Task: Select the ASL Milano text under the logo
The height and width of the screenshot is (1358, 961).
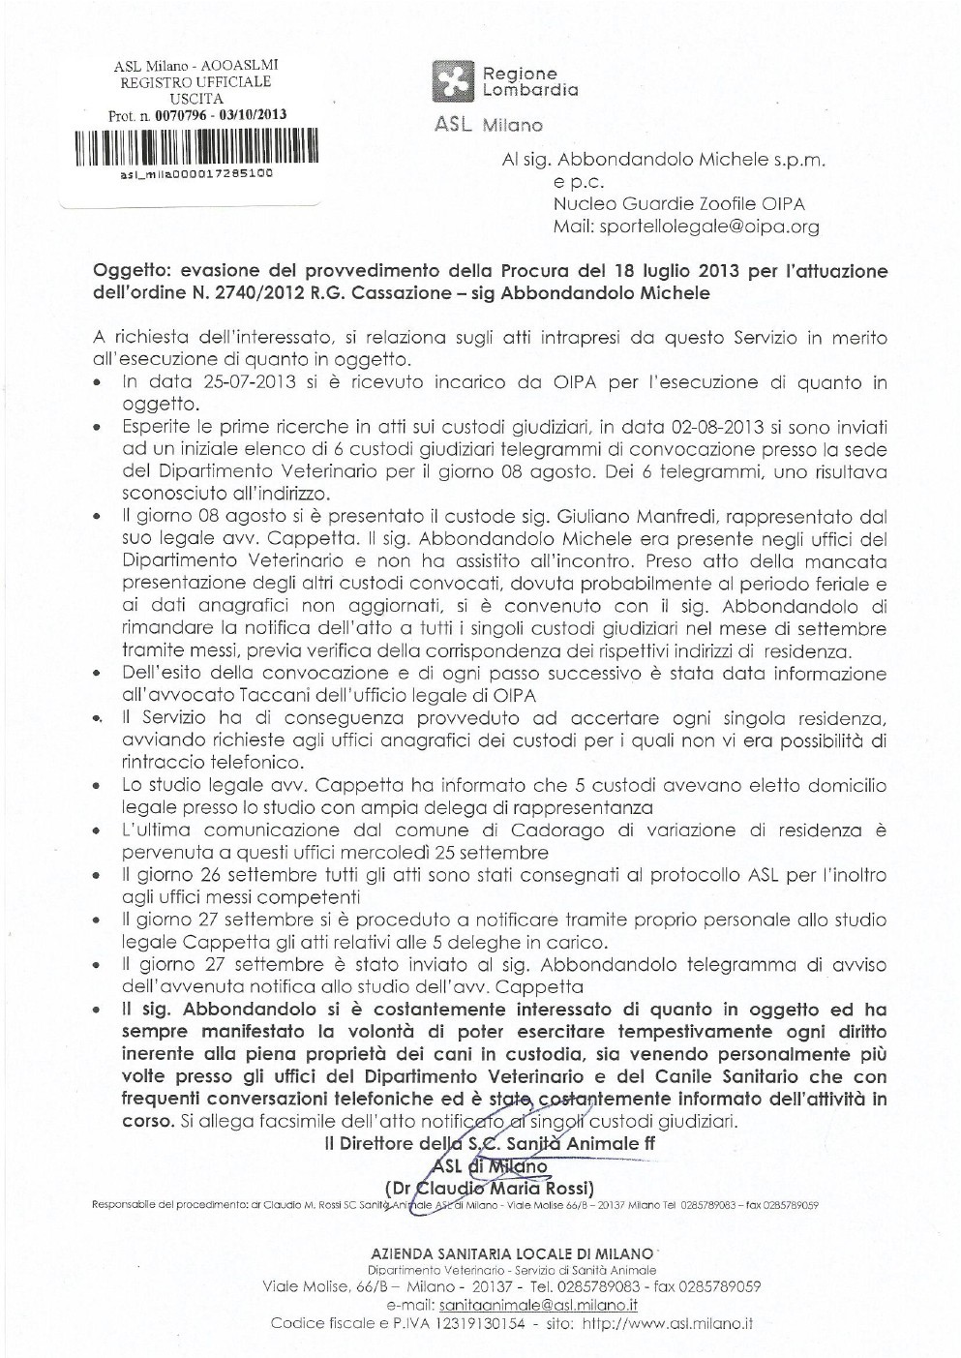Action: pos(489,124)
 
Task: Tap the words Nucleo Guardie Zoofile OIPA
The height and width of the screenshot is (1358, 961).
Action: pos(678,204)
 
